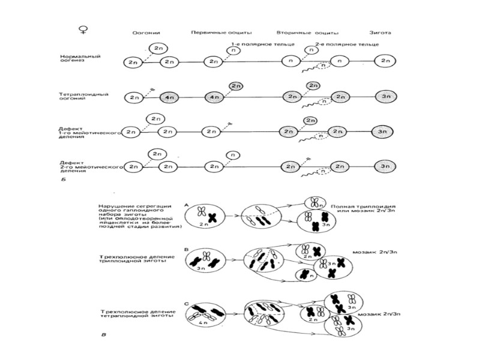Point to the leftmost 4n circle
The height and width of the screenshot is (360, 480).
coord(169,97)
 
